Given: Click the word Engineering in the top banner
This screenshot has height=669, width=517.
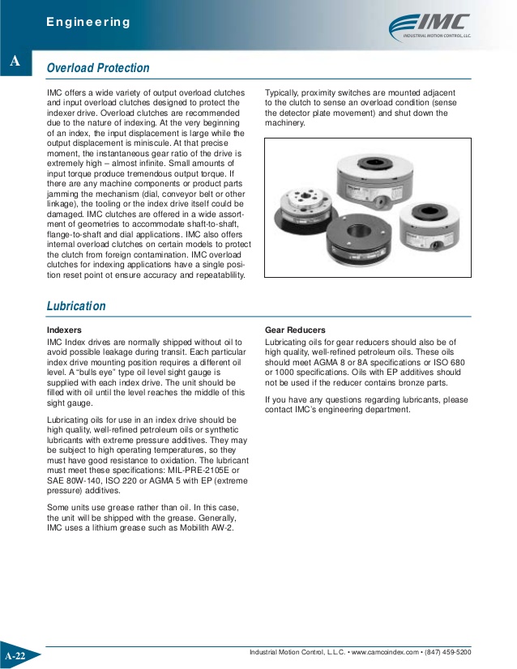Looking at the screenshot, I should coord(88,22).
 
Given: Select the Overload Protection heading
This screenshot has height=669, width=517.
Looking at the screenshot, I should coord(98,69).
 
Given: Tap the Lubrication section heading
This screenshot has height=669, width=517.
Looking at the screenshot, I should coord(76,306).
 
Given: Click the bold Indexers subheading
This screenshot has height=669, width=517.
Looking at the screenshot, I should coord(64,330).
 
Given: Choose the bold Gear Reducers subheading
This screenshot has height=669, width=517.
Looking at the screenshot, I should coord(295,330).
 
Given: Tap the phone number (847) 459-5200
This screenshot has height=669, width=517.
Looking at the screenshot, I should coord(448,652).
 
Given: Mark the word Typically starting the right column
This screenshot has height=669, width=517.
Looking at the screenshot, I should coord(284,93).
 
